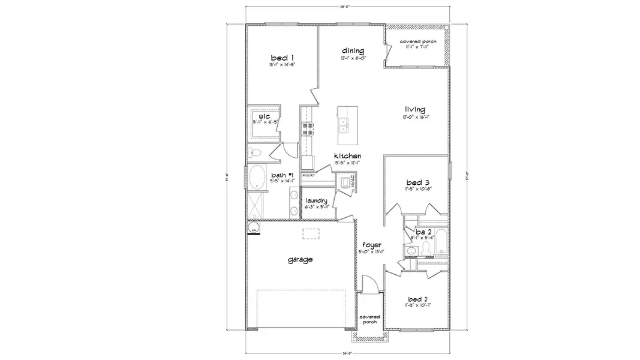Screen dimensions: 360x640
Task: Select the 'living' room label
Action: pos(414,109)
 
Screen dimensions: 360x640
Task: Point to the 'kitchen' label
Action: pos(347,155)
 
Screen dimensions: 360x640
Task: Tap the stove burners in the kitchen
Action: pos(307,129)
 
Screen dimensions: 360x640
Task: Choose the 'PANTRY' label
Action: pos(309,175)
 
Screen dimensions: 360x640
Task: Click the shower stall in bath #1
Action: pos(256,206)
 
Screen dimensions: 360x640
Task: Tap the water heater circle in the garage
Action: pos(254,228)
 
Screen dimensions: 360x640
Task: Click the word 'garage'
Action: pos(300,260)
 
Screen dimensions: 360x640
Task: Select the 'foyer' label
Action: pos(371,245)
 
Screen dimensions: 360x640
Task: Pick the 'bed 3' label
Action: pos(418,182)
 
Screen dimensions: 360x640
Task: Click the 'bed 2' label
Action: pos(418,298)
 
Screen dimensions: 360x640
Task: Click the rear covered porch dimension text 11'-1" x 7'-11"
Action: pos(418,47)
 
